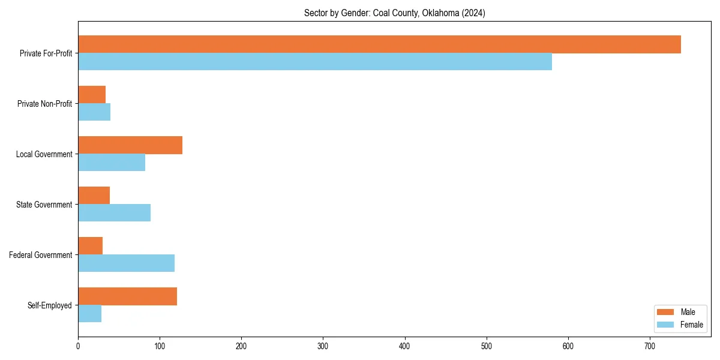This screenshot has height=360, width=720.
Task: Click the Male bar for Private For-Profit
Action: click(379, 44)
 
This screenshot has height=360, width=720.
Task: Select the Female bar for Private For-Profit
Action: click(315, 62)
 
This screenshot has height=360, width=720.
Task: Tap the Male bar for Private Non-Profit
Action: click(92, 94)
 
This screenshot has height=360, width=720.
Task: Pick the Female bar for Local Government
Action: click(112, 163)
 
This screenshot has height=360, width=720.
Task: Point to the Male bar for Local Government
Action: click(130, 145)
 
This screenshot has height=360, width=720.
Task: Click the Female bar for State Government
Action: click(114, 213)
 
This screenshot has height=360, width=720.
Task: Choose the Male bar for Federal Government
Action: click(90, 246)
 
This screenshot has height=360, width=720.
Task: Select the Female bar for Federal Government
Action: click(126, 263)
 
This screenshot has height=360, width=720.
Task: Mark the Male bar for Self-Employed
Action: click(127, 296)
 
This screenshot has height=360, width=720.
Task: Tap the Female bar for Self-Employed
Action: click(89, 314)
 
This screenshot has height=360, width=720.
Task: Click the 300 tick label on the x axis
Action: click(323, 346)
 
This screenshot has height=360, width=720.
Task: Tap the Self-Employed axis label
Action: click(50, 305)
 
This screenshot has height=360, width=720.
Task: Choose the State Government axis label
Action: click(44, 205)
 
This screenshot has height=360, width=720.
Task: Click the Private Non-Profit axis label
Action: click(44, 104)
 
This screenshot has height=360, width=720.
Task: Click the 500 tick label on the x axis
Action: click(487, 346)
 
